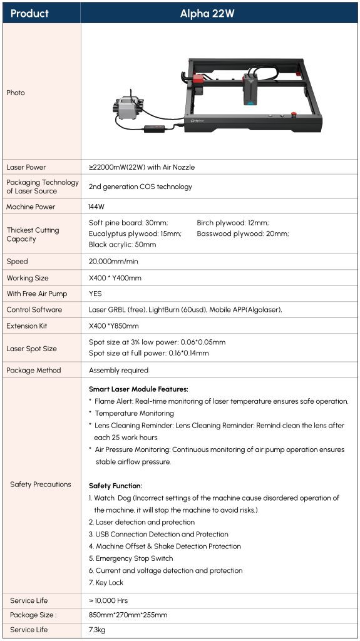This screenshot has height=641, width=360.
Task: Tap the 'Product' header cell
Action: [x=29, y=13]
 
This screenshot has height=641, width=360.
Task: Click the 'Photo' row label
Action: [x=16, y=93]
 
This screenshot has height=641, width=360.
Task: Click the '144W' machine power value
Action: [x=97, y=207]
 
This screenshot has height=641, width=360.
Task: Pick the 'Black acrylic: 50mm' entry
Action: [x=122, y=245]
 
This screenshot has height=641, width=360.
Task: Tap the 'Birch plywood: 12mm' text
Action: [x=232, y=222]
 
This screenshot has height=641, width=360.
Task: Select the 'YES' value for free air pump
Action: [x=95, y=294]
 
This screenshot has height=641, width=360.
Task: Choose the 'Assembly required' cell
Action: [x=118, y=370]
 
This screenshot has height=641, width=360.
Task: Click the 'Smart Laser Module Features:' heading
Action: [x=138, y=389]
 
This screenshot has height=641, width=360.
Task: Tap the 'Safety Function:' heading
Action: [x=115, y=486]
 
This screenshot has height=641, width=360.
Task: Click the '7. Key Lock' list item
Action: [x=106, y=582]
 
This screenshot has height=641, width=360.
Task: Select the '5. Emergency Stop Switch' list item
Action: [x=130, y=558]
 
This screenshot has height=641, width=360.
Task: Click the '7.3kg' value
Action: [x=97, y=630]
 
